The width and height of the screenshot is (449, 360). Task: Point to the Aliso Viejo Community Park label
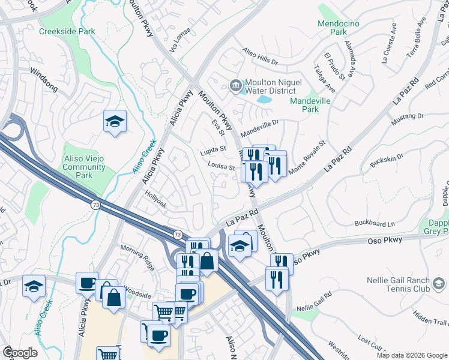(x=84, y=167)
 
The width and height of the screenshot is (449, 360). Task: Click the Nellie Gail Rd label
(x=314, y=302)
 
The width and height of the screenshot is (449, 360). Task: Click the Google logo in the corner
(x=20, y=353)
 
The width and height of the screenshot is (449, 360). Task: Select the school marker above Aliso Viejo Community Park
(x=115, y=122)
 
